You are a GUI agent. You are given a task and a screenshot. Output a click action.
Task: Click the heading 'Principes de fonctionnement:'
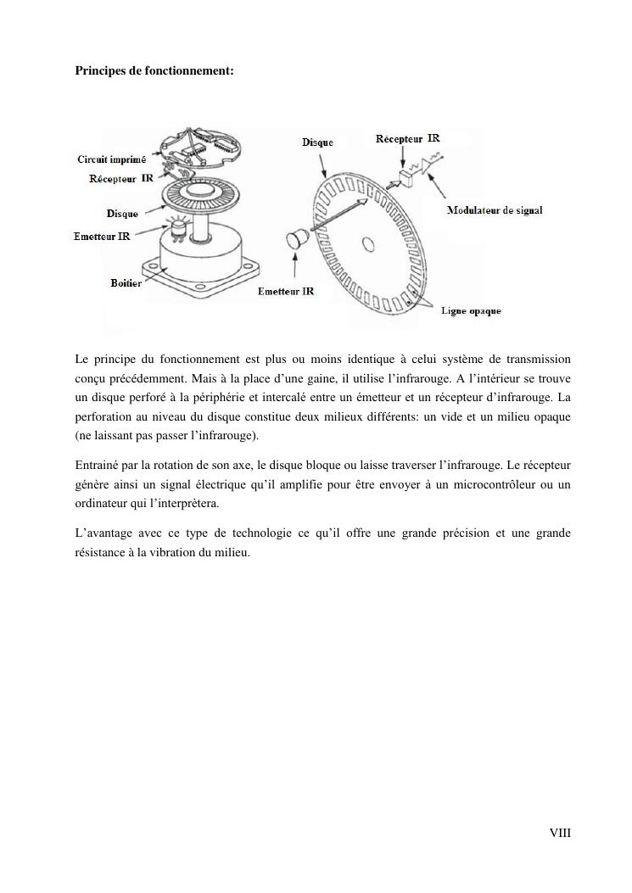pos(154,71)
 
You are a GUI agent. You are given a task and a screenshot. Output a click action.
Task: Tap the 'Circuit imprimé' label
pos(111,159)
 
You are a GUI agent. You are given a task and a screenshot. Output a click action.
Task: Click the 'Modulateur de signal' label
pos(494,210)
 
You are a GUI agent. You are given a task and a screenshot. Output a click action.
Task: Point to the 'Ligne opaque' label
pos(471,311)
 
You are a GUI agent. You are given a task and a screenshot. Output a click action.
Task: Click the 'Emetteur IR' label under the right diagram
pos(286,291)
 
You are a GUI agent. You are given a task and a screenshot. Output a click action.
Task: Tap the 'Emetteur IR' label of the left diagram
pos(102,237)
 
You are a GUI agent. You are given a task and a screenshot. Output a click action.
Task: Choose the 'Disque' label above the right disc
pos(317,142)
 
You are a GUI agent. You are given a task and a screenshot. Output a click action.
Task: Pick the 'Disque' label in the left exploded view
pos(122,214)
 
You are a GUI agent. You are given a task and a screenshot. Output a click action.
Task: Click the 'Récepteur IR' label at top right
pos(407,138)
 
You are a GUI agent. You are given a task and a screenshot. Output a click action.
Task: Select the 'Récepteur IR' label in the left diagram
pos(121,179)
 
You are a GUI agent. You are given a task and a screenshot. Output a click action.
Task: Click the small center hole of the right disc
pos(368,245)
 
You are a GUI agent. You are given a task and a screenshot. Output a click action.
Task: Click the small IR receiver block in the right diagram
pos(403,178)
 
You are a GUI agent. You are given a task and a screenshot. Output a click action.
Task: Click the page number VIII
pos(560,834)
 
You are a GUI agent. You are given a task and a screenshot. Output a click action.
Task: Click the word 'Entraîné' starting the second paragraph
pos(96,466)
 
